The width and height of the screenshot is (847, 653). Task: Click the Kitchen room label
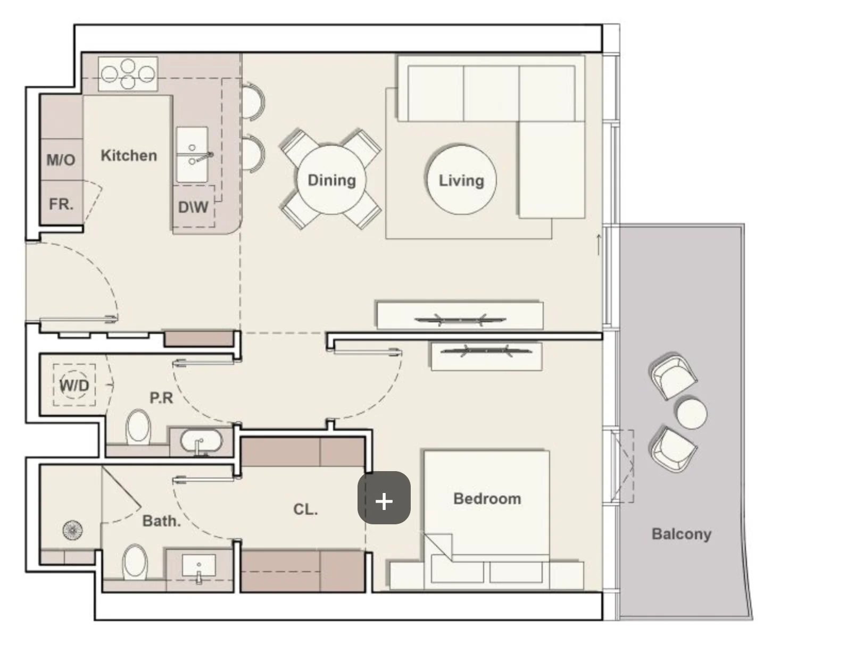click(x=129, y=156)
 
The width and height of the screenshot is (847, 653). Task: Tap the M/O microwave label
click(x=61, y=160)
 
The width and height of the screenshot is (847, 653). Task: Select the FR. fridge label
click(x=61, y=204)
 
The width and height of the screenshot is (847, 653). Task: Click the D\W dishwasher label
click(x=193, y=207)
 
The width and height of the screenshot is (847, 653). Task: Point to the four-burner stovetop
click(x=128, y=74)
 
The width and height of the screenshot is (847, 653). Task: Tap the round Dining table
click(x=331, y=180)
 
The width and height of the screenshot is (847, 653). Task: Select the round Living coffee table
click(x=461, y=180)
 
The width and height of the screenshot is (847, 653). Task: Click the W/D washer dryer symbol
click(x=74, y=385)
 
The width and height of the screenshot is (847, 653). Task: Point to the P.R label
click(x=161, y=398)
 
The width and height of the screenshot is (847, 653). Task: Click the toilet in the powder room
click(x=138, y=427)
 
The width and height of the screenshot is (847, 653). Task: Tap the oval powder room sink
click(x=202, y=441)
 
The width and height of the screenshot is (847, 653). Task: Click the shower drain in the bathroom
click(x=73, y=530)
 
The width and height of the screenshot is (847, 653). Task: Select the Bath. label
click(x=162, y=521)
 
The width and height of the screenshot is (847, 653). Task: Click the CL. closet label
click(x=305, y=509)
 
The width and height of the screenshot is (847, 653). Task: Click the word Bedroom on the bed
click(x=487, y=499)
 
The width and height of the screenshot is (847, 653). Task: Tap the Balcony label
click(x=682, y=534)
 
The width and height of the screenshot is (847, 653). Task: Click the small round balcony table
click(x=691, y=414)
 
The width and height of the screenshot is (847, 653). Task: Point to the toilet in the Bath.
click(x=135, y=563)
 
